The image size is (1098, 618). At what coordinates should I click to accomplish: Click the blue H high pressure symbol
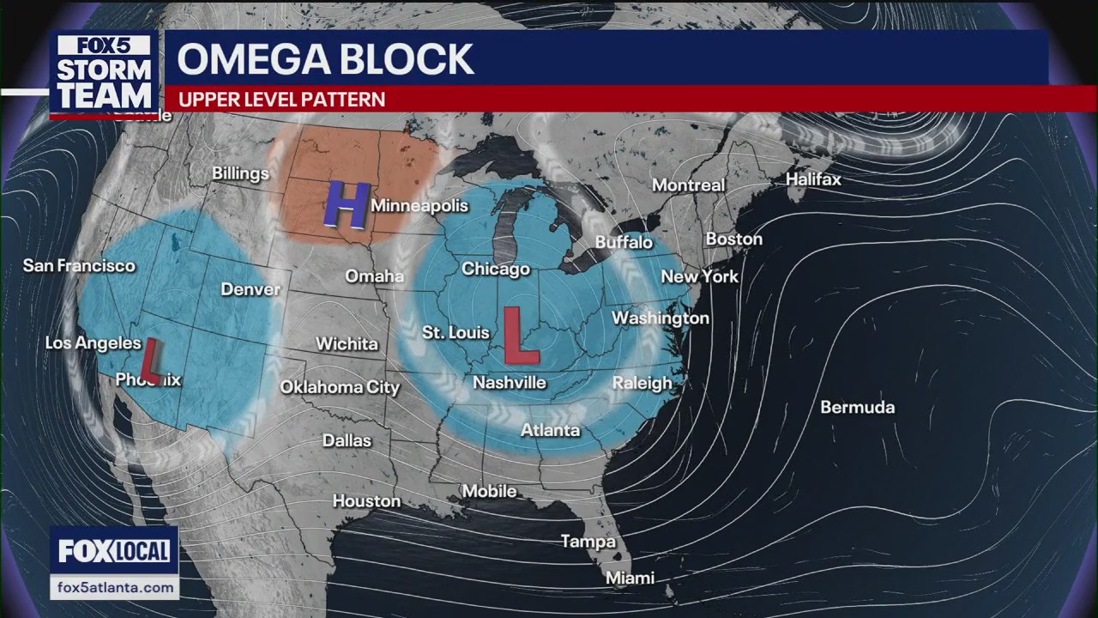pyautogui.click(x=347, y=206)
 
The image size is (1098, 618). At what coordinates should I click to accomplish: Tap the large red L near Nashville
pyautogui.click(x=520, y=336)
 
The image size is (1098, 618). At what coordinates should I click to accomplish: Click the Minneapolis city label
pyautogui.click(x=419, y=206)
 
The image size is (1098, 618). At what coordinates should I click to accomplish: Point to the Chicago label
pyautogui.click(x=496, y=270)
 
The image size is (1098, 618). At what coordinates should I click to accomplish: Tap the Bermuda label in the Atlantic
pyautogui.click(x=857, y=408)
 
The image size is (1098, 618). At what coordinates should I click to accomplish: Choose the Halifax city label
pyautogui.click(x=813, y=180)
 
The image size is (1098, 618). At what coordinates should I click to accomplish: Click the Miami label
pyautogui.click(x=630, y=579)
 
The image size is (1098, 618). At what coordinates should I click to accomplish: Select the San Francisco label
pyautogui.click(x=79, y=266)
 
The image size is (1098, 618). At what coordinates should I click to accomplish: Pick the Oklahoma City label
pyautogui.click(x=340, y=388)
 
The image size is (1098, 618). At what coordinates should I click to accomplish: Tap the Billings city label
pyautogui.click(x=240, y=174)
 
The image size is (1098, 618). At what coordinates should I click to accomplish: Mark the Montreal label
pyautogui.click(x=688, y=185)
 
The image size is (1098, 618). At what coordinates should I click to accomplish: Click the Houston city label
pyautogui.click(x=366, y=501)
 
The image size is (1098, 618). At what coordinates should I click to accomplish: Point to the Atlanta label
pyautogui.click(x=551, y=430)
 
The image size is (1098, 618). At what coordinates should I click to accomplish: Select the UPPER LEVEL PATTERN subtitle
pyautogui.click(x=281, y=100)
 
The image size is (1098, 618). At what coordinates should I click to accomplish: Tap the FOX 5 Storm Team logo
pyautogui.click(x=105, y=74)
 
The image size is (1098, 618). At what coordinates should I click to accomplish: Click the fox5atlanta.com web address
pyautogui.click(x=114, y=588)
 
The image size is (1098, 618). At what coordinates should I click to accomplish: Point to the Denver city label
pyautogui.click(x=250, y=289)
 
